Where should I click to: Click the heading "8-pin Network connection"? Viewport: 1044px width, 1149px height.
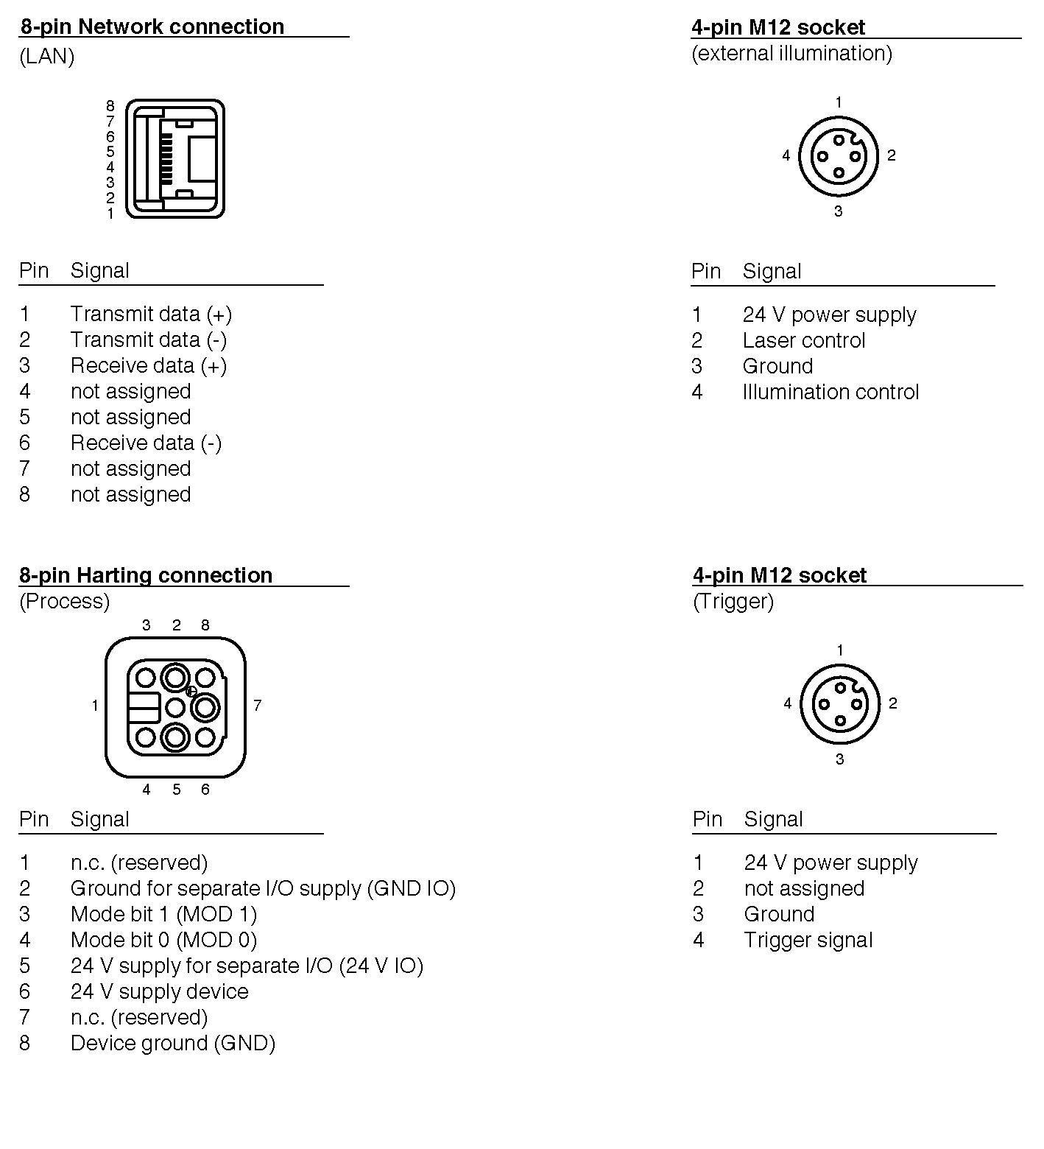click(152, 27)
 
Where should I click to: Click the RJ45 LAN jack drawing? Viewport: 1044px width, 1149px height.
click(174, 159)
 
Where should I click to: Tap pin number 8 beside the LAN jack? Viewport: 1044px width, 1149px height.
click(110, 106)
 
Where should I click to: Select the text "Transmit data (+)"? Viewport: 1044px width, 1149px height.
click(151, 315)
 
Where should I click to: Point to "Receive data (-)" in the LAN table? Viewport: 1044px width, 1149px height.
click(146, 443)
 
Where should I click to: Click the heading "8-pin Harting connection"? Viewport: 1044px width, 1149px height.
click(146, 575)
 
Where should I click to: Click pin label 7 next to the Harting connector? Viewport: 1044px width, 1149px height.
click(257, 706)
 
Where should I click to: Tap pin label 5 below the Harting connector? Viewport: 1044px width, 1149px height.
click(177, 790)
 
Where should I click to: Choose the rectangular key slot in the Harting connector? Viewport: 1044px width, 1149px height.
click(144, 708)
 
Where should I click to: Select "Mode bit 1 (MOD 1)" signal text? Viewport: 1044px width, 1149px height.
click(163, 915)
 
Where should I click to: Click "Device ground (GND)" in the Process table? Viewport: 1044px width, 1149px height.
click(172, 1044)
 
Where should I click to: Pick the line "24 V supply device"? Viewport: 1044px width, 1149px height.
click(159, 992)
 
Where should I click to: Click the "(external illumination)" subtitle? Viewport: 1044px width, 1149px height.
click(791, 54)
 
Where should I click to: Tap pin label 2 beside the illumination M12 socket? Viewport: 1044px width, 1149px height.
click(891, 155)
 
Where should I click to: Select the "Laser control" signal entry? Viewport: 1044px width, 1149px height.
click(803, 341)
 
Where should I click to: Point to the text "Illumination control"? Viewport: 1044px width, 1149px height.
click(830, 393)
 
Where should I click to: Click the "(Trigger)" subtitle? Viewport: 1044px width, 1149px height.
click(733, 602)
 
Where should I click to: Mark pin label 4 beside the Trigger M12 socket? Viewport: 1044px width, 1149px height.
click(787, 703)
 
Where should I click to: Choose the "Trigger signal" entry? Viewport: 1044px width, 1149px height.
click(808, 941)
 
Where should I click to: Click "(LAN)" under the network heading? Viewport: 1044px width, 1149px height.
click(46, 57)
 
